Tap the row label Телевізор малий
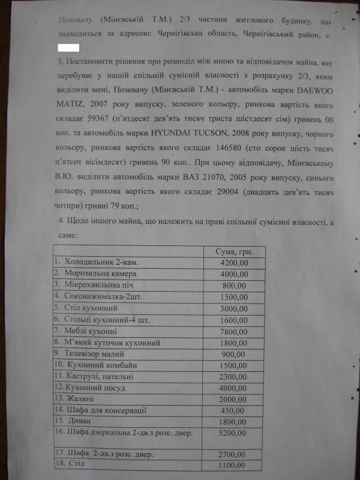point(90,354)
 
